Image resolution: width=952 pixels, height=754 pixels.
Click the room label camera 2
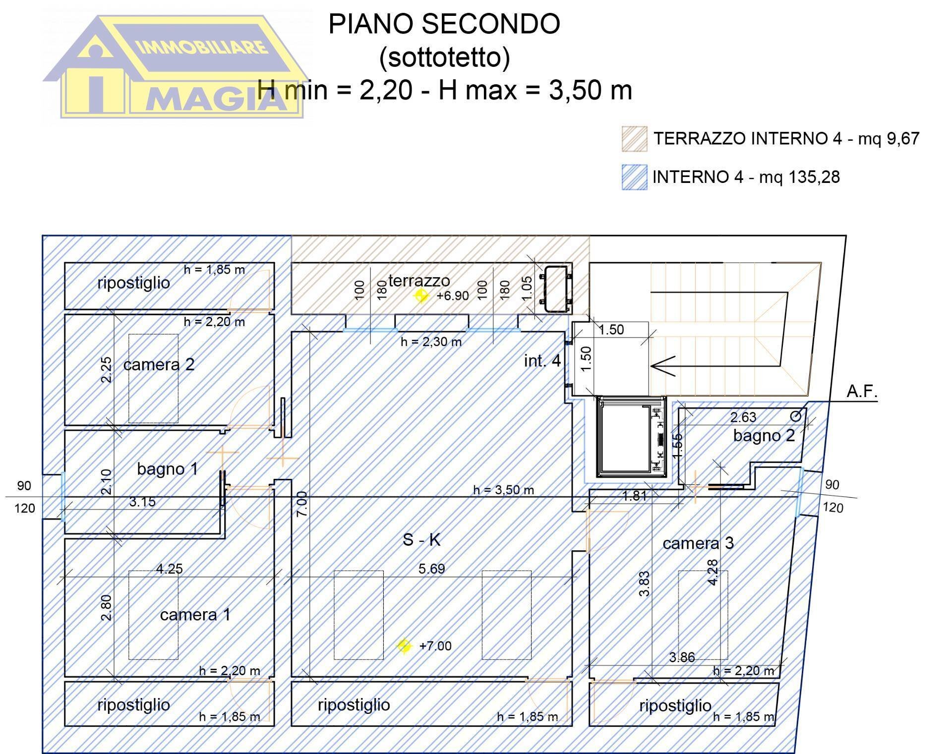[x=159, y=365]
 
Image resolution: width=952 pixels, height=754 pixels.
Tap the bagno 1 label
[x=167, y=469]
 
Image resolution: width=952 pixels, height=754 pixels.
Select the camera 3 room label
[x=698, y=543]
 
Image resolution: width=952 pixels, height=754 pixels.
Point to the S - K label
[x=421, y=540]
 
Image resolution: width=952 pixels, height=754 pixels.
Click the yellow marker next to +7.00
[x=405, y=646]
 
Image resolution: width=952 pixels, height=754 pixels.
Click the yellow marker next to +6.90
[x=421, y=296]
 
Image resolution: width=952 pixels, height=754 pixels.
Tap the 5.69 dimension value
[x=431, y=569]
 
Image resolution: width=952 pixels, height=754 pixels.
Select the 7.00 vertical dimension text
[x=302, y=504]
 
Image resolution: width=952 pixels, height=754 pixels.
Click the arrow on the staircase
[x=662, y=366]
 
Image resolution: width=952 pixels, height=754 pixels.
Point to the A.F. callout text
[x=862, y=392]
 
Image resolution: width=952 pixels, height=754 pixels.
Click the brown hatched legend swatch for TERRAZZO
[x=634, y=139]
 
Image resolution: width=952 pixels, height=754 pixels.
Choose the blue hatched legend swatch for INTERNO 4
[x=634, y=177]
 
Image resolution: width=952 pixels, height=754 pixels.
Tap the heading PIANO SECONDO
[x=444, y=24]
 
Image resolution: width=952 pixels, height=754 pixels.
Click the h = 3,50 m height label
[x=503, y=490]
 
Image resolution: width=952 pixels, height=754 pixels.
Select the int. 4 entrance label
[x=542, y=361]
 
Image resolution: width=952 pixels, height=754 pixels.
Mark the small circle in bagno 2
[x=795, y=416]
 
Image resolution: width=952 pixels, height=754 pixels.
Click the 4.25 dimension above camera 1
[x=169, y=569]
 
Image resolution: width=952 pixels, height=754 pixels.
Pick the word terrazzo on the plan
[x=419, y=281]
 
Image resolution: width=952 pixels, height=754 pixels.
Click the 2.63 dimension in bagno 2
[x=743, y=417]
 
